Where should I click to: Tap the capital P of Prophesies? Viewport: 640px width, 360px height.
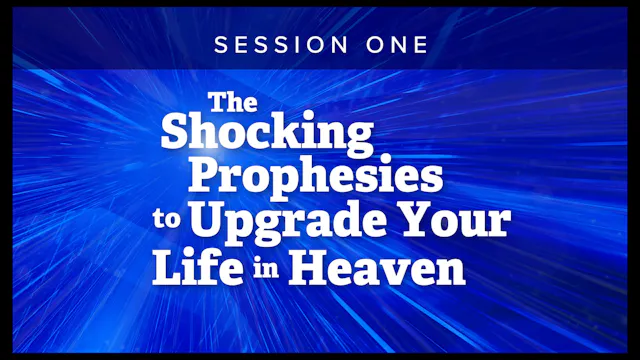click(206, 176)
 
